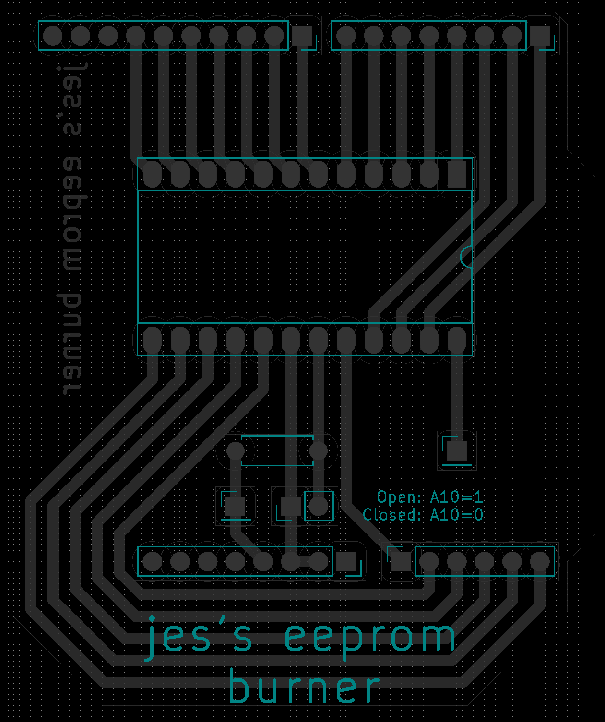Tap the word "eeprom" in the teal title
pyautogui.click(x=370, y=639)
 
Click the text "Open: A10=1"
pyautogui.click(x=429, y=497)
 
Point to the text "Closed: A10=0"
pyautogui.click(x=423, y=515)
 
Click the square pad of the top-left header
pyautogui.click(x=302, y=36)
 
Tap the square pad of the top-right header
pyautogui.click(x=540, y=36)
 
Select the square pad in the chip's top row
pyautogui.click(x=457, y=175)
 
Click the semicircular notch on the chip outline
pyautogui.click(x=466, y=257)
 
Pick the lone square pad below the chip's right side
pyautogui.click(x=457, y=450)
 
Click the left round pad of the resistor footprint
pyautogui.click(x=235, y=450)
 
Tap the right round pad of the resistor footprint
pyautogui.click(x=318, y=450)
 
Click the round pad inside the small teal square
pyautogui.click(x=318, y=506)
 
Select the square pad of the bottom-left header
pyautogui.click(x=346, y=562)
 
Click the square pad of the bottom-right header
pyautogui.click(x=401, y=562)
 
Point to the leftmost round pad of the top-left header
pyautogui.click(x=53, y=36)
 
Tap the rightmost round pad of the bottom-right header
pyautogui.click(x=540, y=562)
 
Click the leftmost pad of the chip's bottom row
pyautogui.click(x=152, y=341)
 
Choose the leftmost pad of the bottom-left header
pyautogui.click(x=152, y=562)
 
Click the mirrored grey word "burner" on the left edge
pyautogui.click(x=72, y=344)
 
